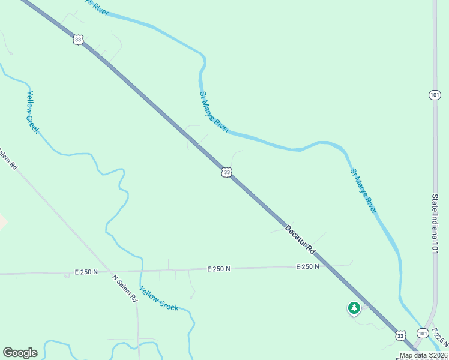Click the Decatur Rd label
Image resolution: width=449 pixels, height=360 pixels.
click(300, 238)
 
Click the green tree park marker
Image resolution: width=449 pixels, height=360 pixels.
click(354, 308)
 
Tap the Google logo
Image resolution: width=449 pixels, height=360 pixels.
click(20, 353)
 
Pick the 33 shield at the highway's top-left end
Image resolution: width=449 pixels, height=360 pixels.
click(77, 40)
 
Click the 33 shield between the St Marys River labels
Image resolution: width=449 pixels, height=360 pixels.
click(226, 172)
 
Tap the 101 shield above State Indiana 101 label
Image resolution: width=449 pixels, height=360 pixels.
click(435, 95)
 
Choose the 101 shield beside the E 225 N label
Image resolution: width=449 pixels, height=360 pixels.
click(423, 333)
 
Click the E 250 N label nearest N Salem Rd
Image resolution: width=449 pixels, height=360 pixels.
click(86, 272)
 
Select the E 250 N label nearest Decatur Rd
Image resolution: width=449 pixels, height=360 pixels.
click(306, 266)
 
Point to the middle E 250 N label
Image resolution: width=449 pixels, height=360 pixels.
click(219, 269)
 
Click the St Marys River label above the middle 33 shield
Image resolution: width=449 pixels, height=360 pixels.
click(214, 112)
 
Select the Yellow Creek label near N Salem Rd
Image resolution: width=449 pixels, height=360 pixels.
click(159, 298)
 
